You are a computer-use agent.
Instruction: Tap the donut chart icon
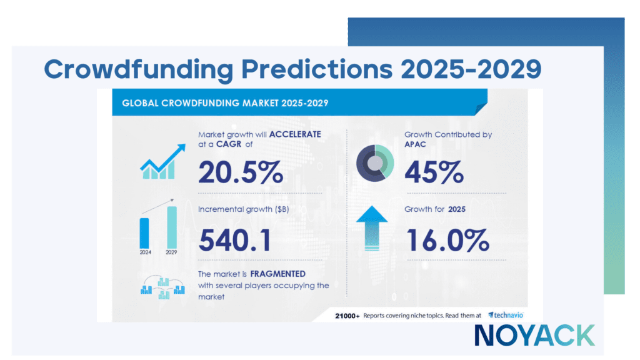tap(374, 162)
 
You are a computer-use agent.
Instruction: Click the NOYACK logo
tap(534, 335)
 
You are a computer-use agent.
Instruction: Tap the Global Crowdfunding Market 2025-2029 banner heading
tap(225, 102)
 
